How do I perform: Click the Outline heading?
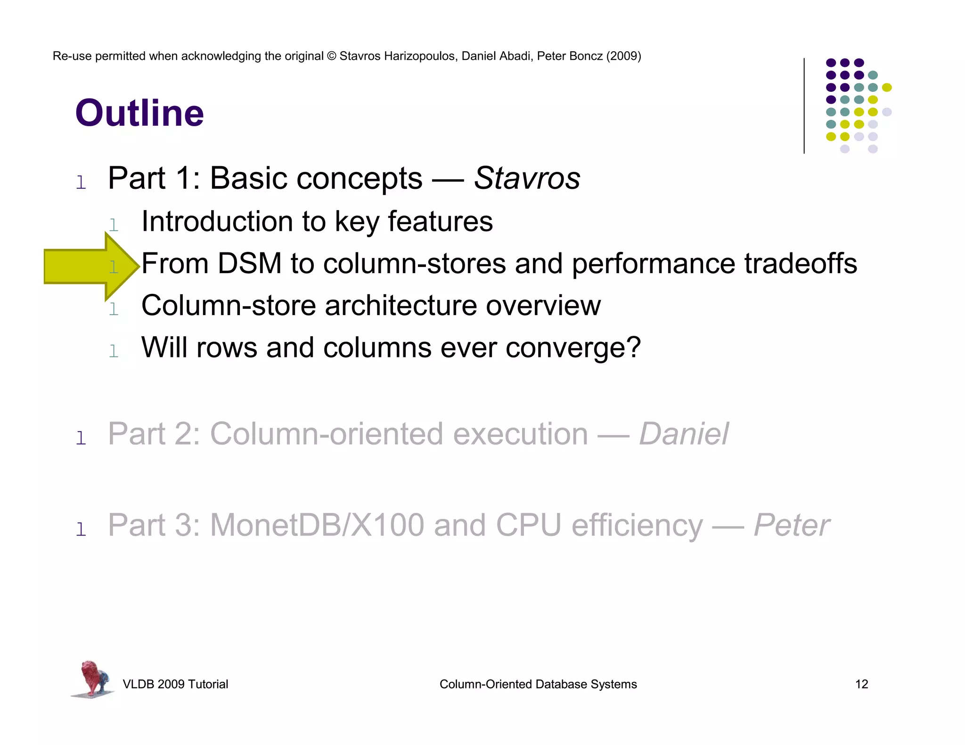pos(139,113)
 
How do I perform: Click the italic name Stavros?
pos(527,178)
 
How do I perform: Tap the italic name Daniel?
pos(683,434)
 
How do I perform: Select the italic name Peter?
pos(792,525)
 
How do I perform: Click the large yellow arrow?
pos(85,267)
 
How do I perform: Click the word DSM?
pos(249,263)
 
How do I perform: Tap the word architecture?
pos(401,306)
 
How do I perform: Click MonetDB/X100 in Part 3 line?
pos(317,525)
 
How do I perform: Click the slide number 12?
pos(861,684)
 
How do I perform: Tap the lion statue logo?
pos(93,679)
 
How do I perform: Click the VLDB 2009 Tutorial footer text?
pos(175,684)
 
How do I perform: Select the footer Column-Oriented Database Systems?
pos(538,684)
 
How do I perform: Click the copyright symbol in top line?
pos(331,56)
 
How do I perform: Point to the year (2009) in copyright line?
pos(623,56)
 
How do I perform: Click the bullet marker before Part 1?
pos(81,182)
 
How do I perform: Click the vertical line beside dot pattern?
pos(804,105)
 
